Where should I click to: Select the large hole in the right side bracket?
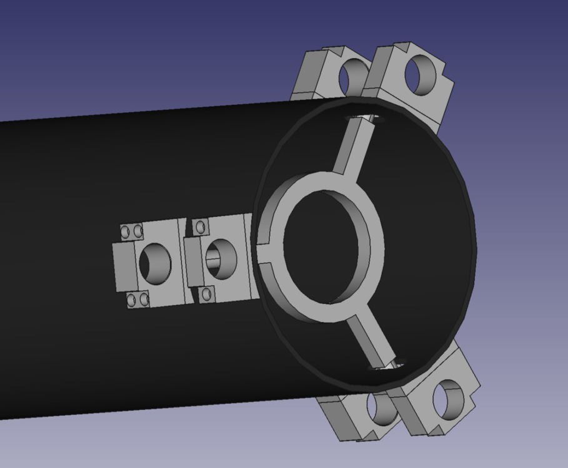221,259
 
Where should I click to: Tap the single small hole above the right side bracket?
201,227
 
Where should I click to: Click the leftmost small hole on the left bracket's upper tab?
125,232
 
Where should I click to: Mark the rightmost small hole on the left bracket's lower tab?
144,300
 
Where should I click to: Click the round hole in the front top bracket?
420,76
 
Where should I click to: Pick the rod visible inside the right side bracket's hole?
215,263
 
